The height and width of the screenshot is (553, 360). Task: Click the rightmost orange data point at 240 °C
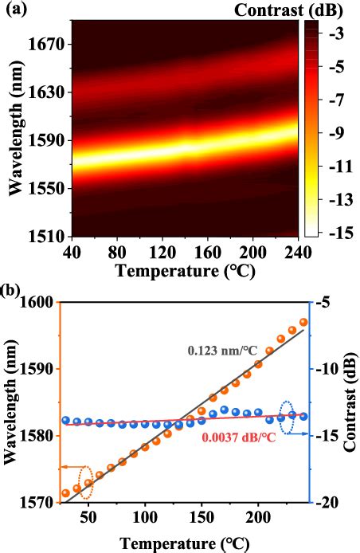303,322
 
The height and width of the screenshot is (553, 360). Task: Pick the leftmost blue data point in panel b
65,420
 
